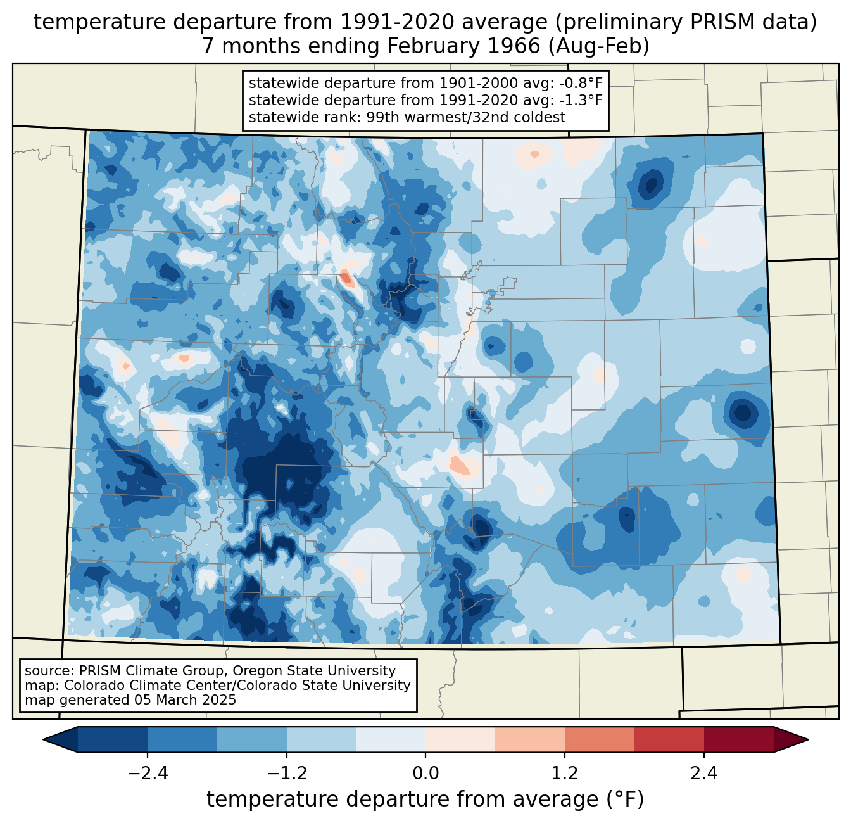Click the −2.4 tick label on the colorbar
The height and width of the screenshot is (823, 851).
pyautogui.click(x=148, y=774)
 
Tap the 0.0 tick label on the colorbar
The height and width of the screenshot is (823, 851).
pyautogui.click(x=425, y=774)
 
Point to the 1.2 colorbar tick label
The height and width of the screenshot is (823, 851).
pyautogui.click(x=565, y=774)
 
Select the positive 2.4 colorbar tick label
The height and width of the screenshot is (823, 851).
pyautogui.click(x=703, y=774)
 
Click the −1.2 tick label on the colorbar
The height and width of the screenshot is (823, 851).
pyautogui.click(x=287, y=774)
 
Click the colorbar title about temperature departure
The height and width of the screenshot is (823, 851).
pyautogui.click(x=425, y=800)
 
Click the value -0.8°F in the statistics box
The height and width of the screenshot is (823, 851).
pyautogui.click(x=579, y=84)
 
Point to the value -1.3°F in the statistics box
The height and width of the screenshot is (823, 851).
pyautogui.click(x=579, y=100)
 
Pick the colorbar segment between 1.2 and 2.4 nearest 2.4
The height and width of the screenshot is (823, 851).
pyautogui.click(x=669, y=739)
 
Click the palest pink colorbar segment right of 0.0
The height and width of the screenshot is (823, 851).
pyautogui.click(x=460, y=739)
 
